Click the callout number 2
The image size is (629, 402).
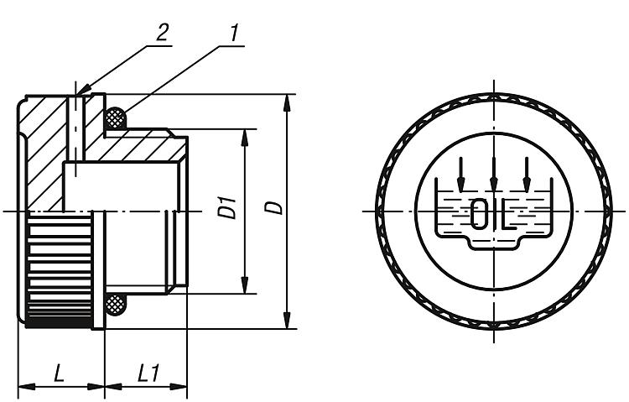tap(162, 32)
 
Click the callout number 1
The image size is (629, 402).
tap(235, 32)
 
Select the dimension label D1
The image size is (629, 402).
tap(227, 207)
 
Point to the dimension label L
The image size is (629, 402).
tap(59, 374)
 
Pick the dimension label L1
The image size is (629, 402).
tap(148, 374)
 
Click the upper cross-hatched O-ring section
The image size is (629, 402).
tap(116, 118)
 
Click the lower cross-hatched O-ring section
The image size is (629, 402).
tap(116, 305)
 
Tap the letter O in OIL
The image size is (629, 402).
tap(478, 213)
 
